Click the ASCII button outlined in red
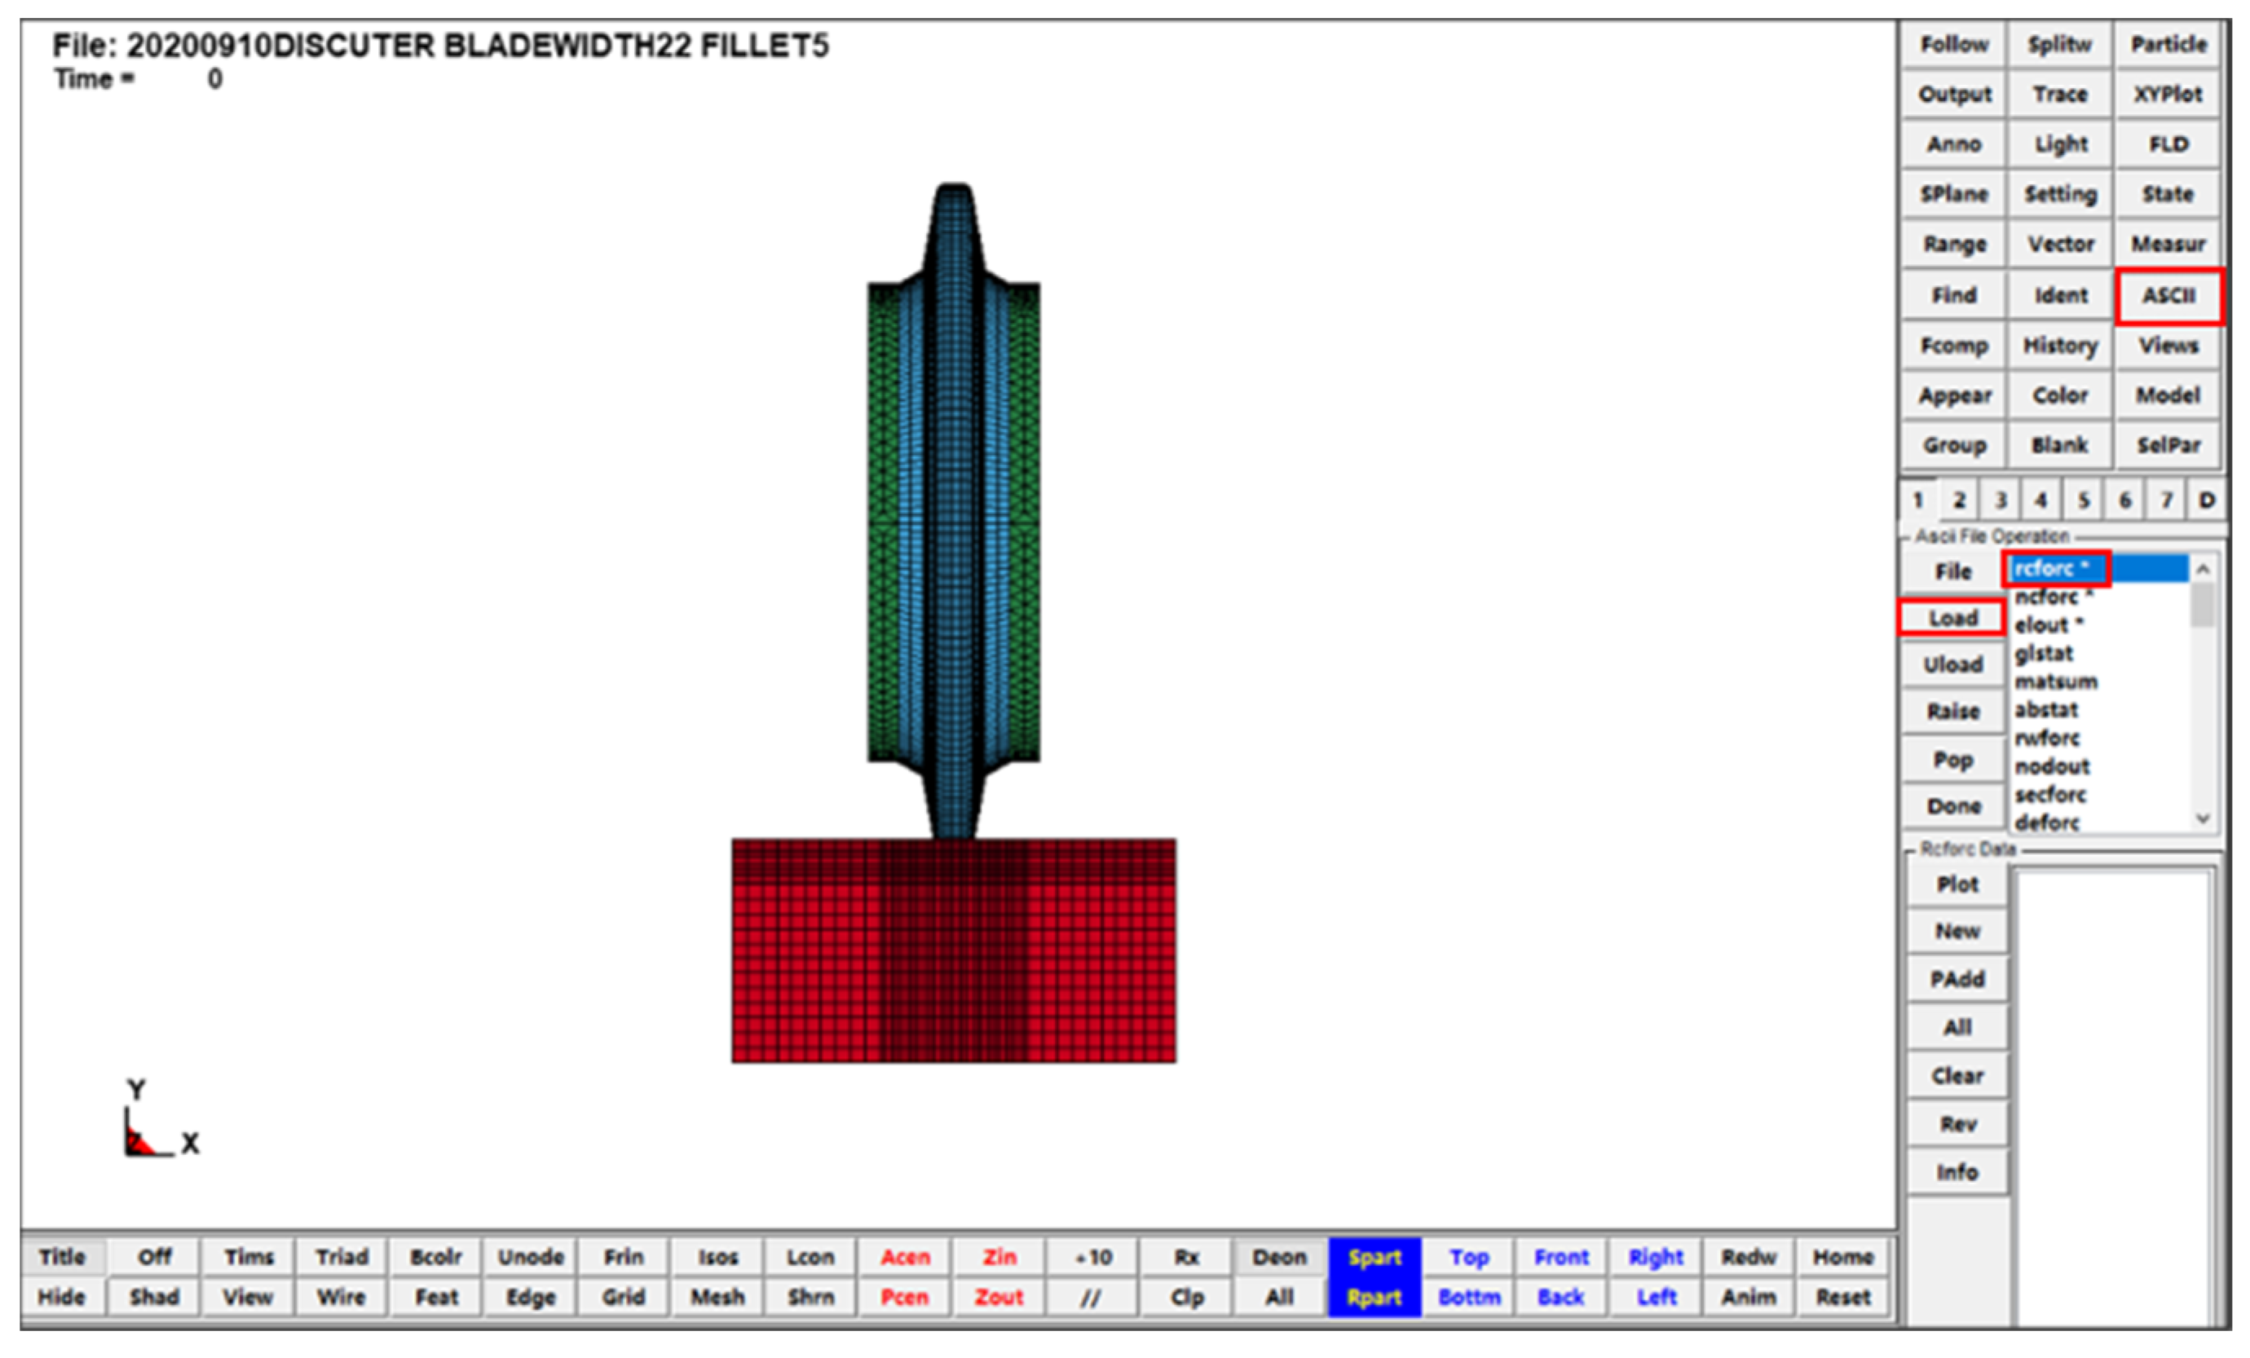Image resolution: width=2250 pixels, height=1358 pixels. point(2168,296)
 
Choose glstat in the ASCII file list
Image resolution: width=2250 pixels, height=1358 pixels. point(2044,654)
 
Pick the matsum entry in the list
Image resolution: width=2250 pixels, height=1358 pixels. point(2055,682)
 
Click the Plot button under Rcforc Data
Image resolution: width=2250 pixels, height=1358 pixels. point(1957,885)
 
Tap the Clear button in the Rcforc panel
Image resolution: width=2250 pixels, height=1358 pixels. point(1957,1076)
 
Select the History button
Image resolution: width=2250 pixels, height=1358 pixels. point(2060,346)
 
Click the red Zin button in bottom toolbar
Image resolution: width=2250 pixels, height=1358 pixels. point(999,1258)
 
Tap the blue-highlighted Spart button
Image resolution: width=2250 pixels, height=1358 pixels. point(1374,1258)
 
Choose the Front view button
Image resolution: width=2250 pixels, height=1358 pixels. point(1561,1258)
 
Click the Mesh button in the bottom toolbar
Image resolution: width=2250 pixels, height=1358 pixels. point(717,1297)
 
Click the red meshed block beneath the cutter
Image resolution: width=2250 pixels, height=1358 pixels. point(953,950)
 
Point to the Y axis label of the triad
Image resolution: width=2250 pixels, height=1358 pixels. point(136,1090)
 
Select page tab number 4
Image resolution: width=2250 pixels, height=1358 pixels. point(2040,500)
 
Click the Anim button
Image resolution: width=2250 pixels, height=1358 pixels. point(1749,1297)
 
